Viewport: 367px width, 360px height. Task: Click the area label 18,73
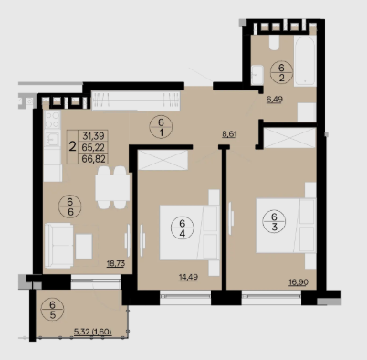(x=116, y=263)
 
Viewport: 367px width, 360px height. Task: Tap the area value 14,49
(x=188, y=277)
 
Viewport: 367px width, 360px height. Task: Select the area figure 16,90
(x=299, y=282)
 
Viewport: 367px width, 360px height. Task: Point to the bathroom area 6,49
(x=275, y=100)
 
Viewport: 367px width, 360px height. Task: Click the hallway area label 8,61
(x=229, y=134)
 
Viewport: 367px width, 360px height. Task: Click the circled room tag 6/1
(x=161, y=127)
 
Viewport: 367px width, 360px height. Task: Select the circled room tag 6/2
(x=281, y=72)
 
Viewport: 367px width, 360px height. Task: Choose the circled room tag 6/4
(x=183, y=228)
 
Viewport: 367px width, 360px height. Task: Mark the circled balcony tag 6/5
(x=53, y=310)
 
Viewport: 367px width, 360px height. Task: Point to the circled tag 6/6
(x=70, y=206)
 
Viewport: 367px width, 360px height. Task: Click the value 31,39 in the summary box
(x=93, y=135)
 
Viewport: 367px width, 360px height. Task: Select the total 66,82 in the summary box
(x=93, y=158)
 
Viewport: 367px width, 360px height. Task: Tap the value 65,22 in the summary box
(x=93, y=147)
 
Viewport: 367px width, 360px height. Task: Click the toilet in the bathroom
(x=274, y=42)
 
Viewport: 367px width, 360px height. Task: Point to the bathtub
(x=305, y=61)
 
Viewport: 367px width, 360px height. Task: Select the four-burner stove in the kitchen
(x=52, y=120)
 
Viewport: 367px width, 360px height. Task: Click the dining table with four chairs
(x=111, y=187)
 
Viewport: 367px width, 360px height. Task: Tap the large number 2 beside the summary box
(x=72, y=147)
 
